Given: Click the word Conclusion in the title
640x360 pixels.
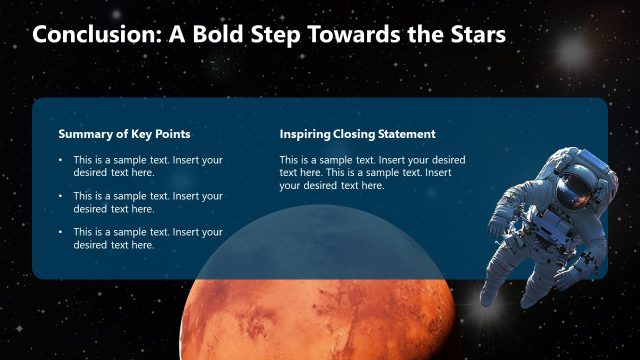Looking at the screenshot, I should [x=91, y=35].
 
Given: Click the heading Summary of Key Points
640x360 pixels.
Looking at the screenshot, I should [x=124, y=134].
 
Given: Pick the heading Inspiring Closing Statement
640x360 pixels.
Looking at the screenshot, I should [x=357, y=134].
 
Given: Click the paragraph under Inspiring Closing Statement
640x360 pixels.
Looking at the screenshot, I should [x=371, y=172].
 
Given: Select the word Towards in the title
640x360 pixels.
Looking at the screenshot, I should [x=357, y=35].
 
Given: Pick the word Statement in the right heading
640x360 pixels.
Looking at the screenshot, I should [x=404, y=134].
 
